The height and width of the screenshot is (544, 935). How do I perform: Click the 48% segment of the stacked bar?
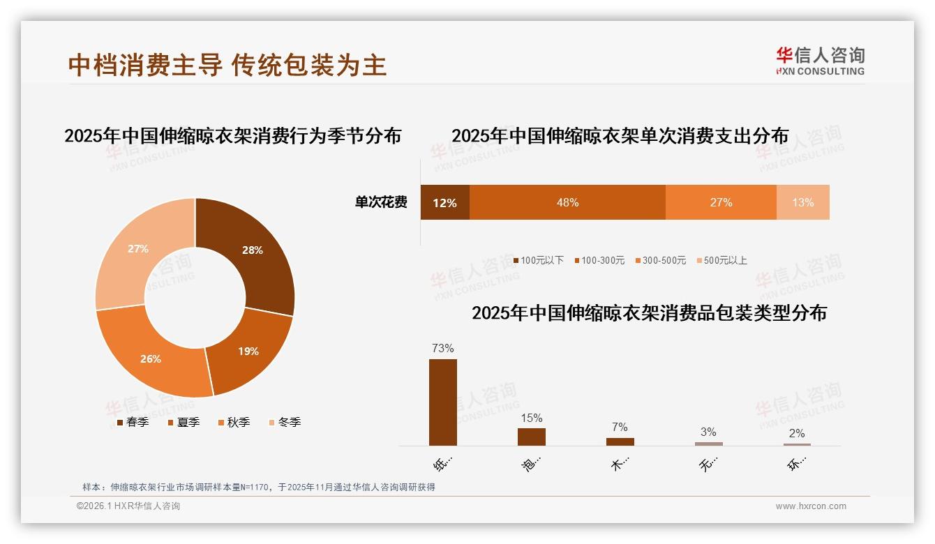[x=567, y=202]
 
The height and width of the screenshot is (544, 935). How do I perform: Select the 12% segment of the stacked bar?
[x=444, y=202]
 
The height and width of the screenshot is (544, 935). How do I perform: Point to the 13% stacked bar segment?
[x=802, y=202]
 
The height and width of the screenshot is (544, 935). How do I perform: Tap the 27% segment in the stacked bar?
[x=721, y=202]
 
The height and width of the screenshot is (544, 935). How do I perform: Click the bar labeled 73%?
[x=443, y=402]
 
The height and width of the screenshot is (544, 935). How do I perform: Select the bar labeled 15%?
[x=532, y=437]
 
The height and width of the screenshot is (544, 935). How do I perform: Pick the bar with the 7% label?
[x=620, y=441]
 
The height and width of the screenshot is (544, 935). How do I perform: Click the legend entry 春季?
[x=133, y=422]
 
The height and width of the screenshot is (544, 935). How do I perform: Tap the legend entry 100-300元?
[x=599, y=260]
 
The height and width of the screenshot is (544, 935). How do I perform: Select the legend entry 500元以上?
[x=721, y=260]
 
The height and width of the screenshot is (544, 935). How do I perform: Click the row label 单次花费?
[x=381, y=202]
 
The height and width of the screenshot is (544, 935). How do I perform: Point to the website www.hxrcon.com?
[x=811, y=506]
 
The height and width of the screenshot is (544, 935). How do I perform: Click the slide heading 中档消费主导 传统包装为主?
[x=227, y=65]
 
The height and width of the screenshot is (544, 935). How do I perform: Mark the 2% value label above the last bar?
[x=797, y=433]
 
